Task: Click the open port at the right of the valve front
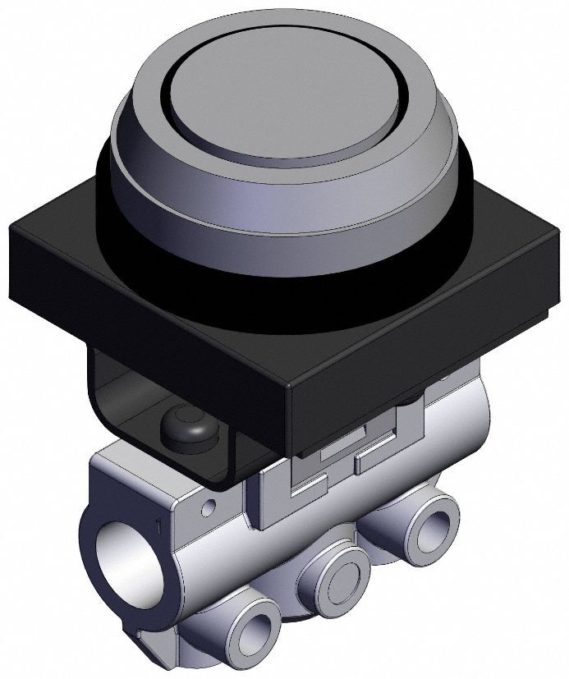434,520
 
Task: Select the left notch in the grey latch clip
304,489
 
